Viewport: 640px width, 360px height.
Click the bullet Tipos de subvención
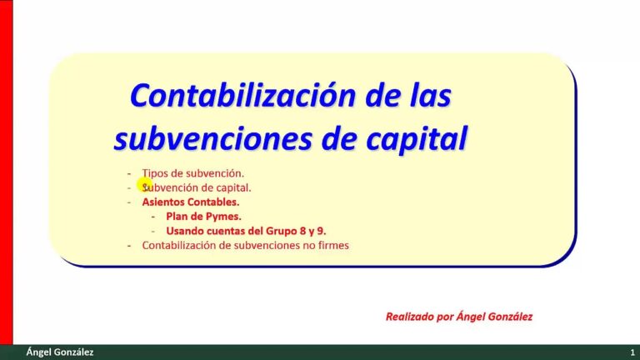coord(192,173)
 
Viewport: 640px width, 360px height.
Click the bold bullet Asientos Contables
coord(190,202)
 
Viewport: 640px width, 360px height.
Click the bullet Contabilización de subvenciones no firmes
coord(245,245)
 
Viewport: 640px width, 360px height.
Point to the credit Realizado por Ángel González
coord(458,317)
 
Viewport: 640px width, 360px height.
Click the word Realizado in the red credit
coord(409,317)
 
